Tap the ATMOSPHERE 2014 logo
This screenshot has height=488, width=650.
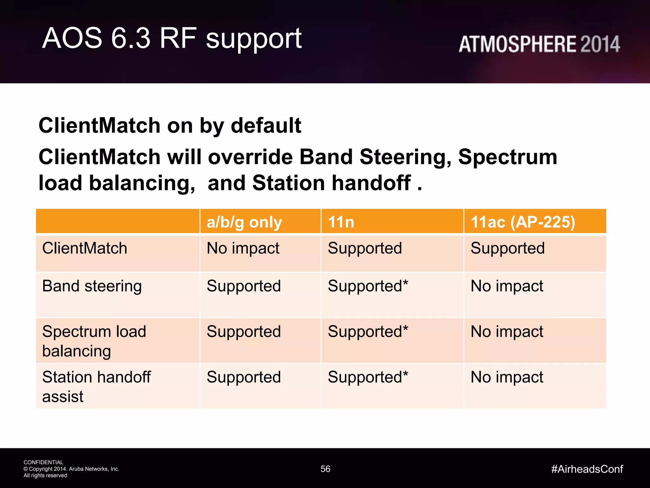(539, 44)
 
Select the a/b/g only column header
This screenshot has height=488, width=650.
(244, 222)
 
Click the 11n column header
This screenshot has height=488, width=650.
(341, 222)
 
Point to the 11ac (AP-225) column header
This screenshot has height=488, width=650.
(523, 222)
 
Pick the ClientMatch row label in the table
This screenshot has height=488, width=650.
(84, 248)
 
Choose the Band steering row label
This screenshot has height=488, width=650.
(92, 286)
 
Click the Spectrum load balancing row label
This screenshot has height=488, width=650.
(94, 341)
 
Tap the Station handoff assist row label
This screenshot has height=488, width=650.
(96, 386)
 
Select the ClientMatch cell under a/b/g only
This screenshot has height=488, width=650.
(243, 248)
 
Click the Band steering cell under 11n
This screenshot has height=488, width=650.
(368, 286)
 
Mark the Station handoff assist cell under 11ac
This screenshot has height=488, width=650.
(507, 377)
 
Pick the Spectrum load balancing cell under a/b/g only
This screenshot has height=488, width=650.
(243, 332)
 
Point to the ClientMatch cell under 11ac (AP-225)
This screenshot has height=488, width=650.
(507, 248)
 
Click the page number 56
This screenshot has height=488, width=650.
(325, 469)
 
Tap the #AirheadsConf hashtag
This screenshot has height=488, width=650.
(587, 469)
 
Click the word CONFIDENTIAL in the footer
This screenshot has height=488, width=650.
(43, 462)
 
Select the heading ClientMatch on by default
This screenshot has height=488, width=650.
(169, 125)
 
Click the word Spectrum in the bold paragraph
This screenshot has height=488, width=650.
(507, 157)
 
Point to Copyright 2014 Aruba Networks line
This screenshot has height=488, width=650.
(71, 469)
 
